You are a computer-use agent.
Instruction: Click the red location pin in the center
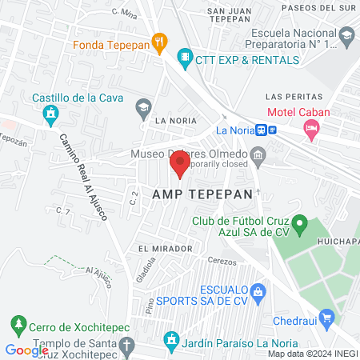179,166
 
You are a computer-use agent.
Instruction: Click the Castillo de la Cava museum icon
51,115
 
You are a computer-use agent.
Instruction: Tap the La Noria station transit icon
272,130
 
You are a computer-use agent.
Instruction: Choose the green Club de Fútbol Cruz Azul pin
299,225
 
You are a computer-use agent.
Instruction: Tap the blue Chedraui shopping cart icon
326,318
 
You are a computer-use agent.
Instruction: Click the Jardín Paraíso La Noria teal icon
170,342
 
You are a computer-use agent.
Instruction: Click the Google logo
26,350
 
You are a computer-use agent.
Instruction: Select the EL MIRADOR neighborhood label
165,249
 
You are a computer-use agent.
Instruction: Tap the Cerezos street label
222,262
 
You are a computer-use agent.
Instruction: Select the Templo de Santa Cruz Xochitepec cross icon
126,345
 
